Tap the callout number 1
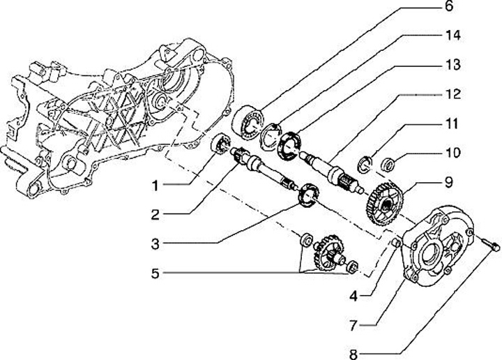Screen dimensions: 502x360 pyautogui.click(x=157, y=186)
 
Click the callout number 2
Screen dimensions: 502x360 pyautogui.click(x=158, y=215)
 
